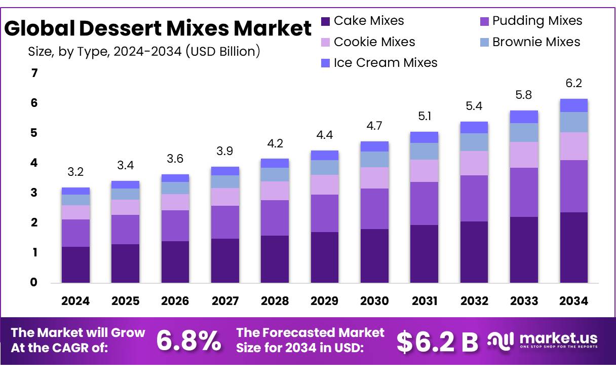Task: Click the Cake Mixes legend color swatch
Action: point(325,21)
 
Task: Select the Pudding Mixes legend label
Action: point(537,21)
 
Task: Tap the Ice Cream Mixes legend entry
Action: point(385,63)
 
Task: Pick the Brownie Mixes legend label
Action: point(536,42)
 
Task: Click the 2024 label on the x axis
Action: point(75,301)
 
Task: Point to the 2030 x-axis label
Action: point(374,301)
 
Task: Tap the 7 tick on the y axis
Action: point(34,73)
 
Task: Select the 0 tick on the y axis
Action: point(34,282)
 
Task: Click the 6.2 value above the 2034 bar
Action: point(574,84)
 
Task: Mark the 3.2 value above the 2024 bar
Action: point(75,172)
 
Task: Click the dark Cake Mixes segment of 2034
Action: point(574,247)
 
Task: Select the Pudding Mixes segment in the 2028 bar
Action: point(275,218)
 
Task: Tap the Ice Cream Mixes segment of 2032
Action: point(474,127)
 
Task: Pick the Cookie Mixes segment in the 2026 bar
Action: point(175,202)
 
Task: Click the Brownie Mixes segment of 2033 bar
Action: point(524,133)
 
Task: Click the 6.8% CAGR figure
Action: point(188,341)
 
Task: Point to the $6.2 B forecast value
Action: point(437,342)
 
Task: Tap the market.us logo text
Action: point(558,338)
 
